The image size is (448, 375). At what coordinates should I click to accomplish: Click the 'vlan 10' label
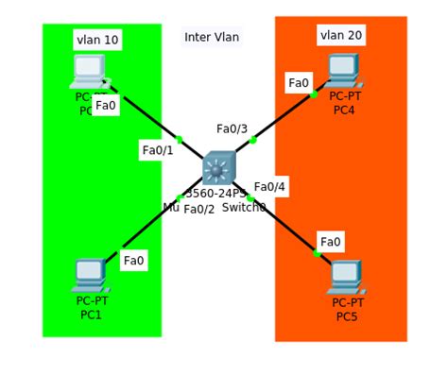click(97, 40)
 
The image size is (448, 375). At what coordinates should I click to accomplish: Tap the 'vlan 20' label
click(341, 35)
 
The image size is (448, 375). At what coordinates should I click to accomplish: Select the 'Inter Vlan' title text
click(212, 37)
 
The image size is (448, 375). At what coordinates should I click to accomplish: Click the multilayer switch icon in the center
click(218, 169)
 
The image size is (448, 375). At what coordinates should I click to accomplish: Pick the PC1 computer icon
click(91, 275)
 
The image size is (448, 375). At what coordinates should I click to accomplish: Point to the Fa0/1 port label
click(158, 149)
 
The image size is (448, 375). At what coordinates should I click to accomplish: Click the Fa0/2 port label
click(198, 209)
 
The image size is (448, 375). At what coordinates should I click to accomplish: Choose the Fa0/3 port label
click(232, 128)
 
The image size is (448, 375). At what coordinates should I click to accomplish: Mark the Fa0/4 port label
click(269, 187)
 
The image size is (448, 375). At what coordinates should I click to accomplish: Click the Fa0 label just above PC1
click(134, 260)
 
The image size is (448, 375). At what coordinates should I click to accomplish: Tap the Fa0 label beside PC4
click(299, 83)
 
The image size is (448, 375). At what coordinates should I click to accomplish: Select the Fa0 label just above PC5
click(331, 242)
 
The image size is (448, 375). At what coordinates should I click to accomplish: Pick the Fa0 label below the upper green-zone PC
click(106, 105)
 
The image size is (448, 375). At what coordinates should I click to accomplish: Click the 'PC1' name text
click(91, 315)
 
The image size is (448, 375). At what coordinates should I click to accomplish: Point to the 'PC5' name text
click(347, 316)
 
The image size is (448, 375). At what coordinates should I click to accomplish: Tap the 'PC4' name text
click(344, 110)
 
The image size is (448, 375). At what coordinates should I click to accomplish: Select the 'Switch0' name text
click(244, 207)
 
